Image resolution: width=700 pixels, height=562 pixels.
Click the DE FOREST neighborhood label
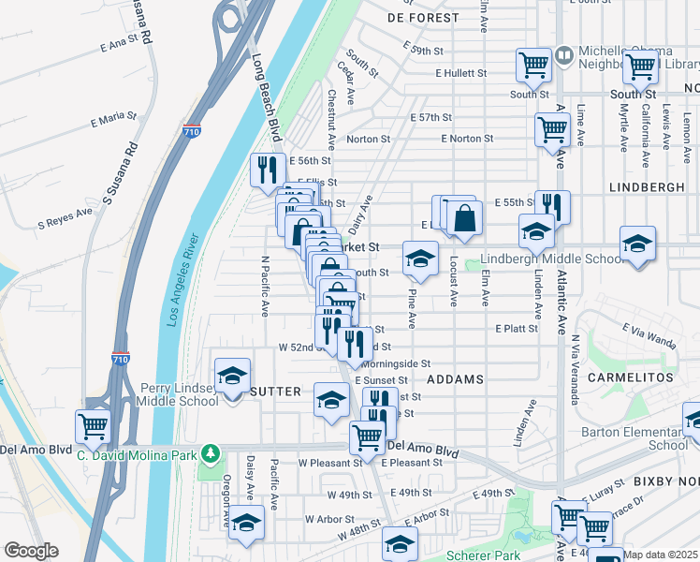coord(424,18)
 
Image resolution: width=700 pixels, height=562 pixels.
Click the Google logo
coord(30,551)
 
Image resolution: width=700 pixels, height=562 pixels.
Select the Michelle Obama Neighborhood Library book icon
coord(563,55)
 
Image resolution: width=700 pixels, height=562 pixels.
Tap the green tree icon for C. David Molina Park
coord(211,454)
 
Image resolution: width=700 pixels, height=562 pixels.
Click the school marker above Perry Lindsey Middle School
coord(231,377)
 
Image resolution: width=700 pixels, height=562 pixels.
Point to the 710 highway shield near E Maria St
coord(191,131)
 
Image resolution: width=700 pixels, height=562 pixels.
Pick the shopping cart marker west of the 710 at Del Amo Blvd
coord(93,426)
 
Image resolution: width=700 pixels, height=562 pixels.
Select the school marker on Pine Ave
coord(420,259)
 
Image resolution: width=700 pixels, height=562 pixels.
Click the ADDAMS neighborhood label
coord(455,379)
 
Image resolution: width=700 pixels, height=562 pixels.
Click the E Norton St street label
coord(467,139)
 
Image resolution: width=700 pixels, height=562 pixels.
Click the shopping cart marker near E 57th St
coord(552,129)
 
